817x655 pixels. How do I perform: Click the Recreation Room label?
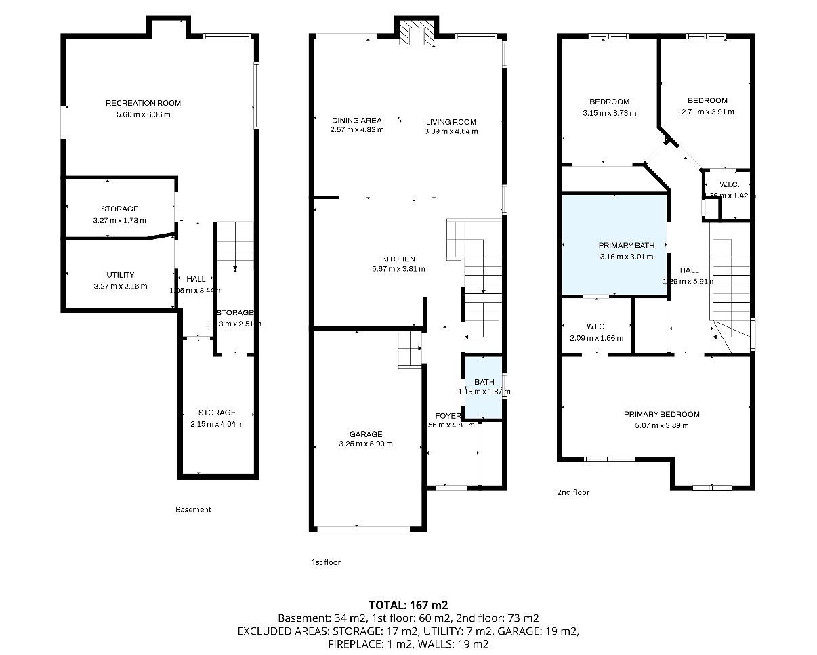point(143,103)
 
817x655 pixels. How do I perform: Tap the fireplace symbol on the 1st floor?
point(415,33)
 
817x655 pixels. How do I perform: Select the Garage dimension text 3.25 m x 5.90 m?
point(366,444)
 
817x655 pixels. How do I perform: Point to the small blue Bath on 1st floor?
point(483,387)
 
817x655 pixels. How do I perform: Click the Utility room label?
point(120,275)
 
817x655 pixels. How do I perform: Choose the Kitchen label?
point(398,259)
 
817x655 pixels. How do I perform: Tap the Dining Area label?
point(356,121)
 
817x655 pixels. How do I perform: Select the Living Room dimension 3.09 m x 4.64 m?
point(451,131)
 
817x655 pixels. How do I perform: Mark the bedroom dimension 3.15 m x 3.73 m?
point(609,114)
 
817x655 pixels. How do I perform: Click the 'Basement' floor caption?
point(193,509)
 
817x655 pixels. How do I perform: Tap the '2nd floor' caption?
point(572,492)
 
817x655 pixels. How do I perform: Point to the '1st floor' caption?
point(326,562)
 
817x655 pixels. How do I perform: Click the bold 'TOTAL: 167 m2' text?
point(408,605)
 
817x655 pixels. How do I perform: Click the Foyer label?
point(448,416)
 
